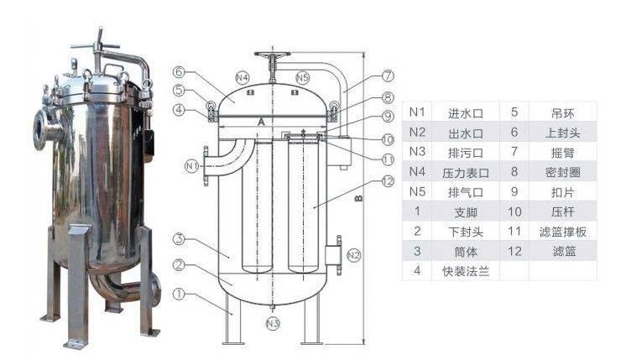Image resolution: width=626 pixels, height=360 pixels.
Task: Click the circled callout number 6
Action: click(180, 73)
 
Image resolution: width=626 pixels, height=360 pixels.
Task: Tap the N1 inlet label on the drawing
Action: click(191, 165)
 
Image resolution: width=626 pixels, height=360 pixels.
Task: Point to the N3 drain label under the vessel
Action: click(272, 322)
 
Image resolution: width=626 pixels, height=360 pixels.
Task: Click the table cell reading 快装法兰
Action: click(464, 271)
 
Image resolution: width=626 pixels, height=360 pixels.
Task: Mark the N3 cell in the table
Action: click(417, 152)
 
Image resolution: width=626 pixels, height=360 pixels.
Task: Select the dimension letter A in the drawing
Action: click(262, 122)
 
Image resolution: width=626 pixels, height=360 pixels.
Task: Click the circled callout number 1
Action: click(180, 295)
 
